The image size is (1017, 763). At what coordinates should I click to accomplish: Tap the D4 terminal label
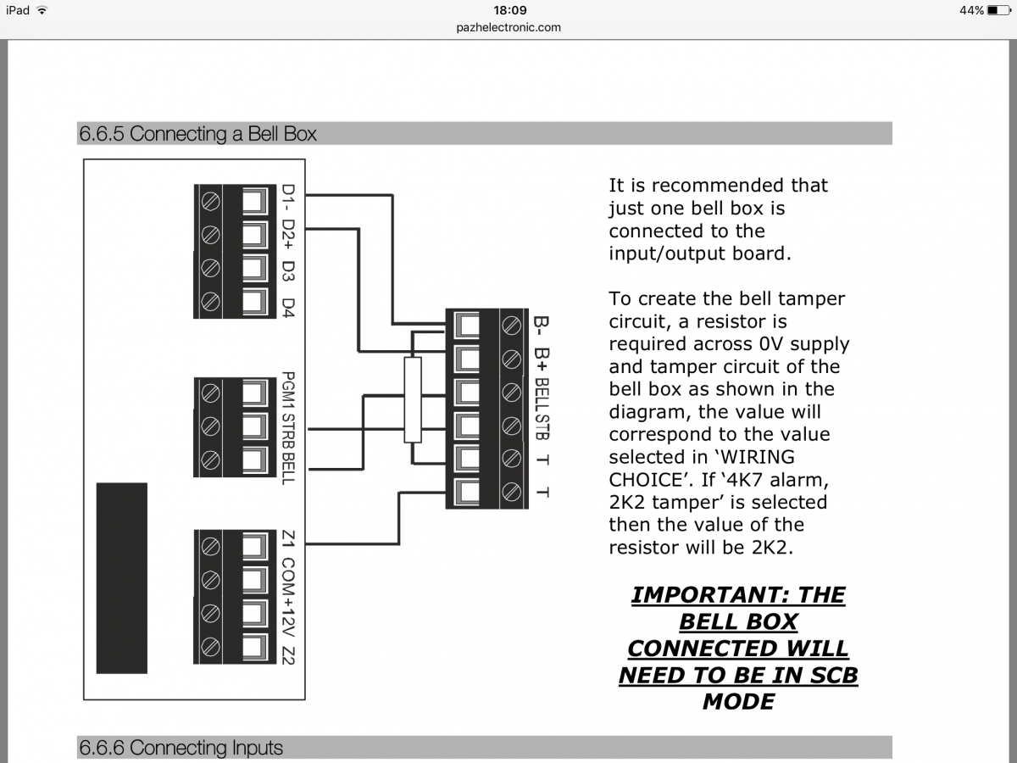coord(288,307)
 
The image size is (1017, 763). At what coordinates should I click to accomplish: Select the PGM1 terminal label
coord(288,391)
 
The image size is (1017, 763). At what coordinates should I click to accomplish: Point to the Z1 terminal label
coord(288,539)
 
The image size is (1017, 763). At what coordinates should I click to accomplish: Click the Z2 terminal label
coord(288,654)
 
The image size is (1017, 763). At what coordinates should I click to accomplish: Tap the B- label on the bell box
coord(540,326)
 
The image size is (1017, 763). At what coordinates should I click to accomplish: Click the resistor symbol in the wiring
coord(413,400)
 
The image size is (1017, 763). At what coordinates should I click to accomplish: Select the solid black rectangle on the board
coord(121,577)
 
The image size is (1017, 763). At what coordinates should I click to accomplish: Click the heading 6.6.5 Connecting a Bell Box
coord(198,134)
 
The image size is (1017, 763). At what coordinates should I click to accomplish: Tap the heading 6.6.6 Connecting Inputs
coord(181,748)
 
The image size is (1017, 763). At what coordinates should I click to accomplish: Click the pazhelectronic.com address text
coord(508,27)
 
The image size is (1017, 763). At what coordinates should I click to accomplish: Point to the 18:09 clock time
coord(509,10)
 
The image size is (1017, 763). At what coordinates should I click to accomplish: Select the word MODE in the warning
coord(738,702)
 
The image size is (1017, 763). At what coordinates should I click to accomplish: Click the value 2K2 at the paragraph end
coord(770,548)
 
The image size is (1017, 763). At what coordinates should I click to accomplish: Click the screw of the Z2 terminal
coord(208,646)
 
